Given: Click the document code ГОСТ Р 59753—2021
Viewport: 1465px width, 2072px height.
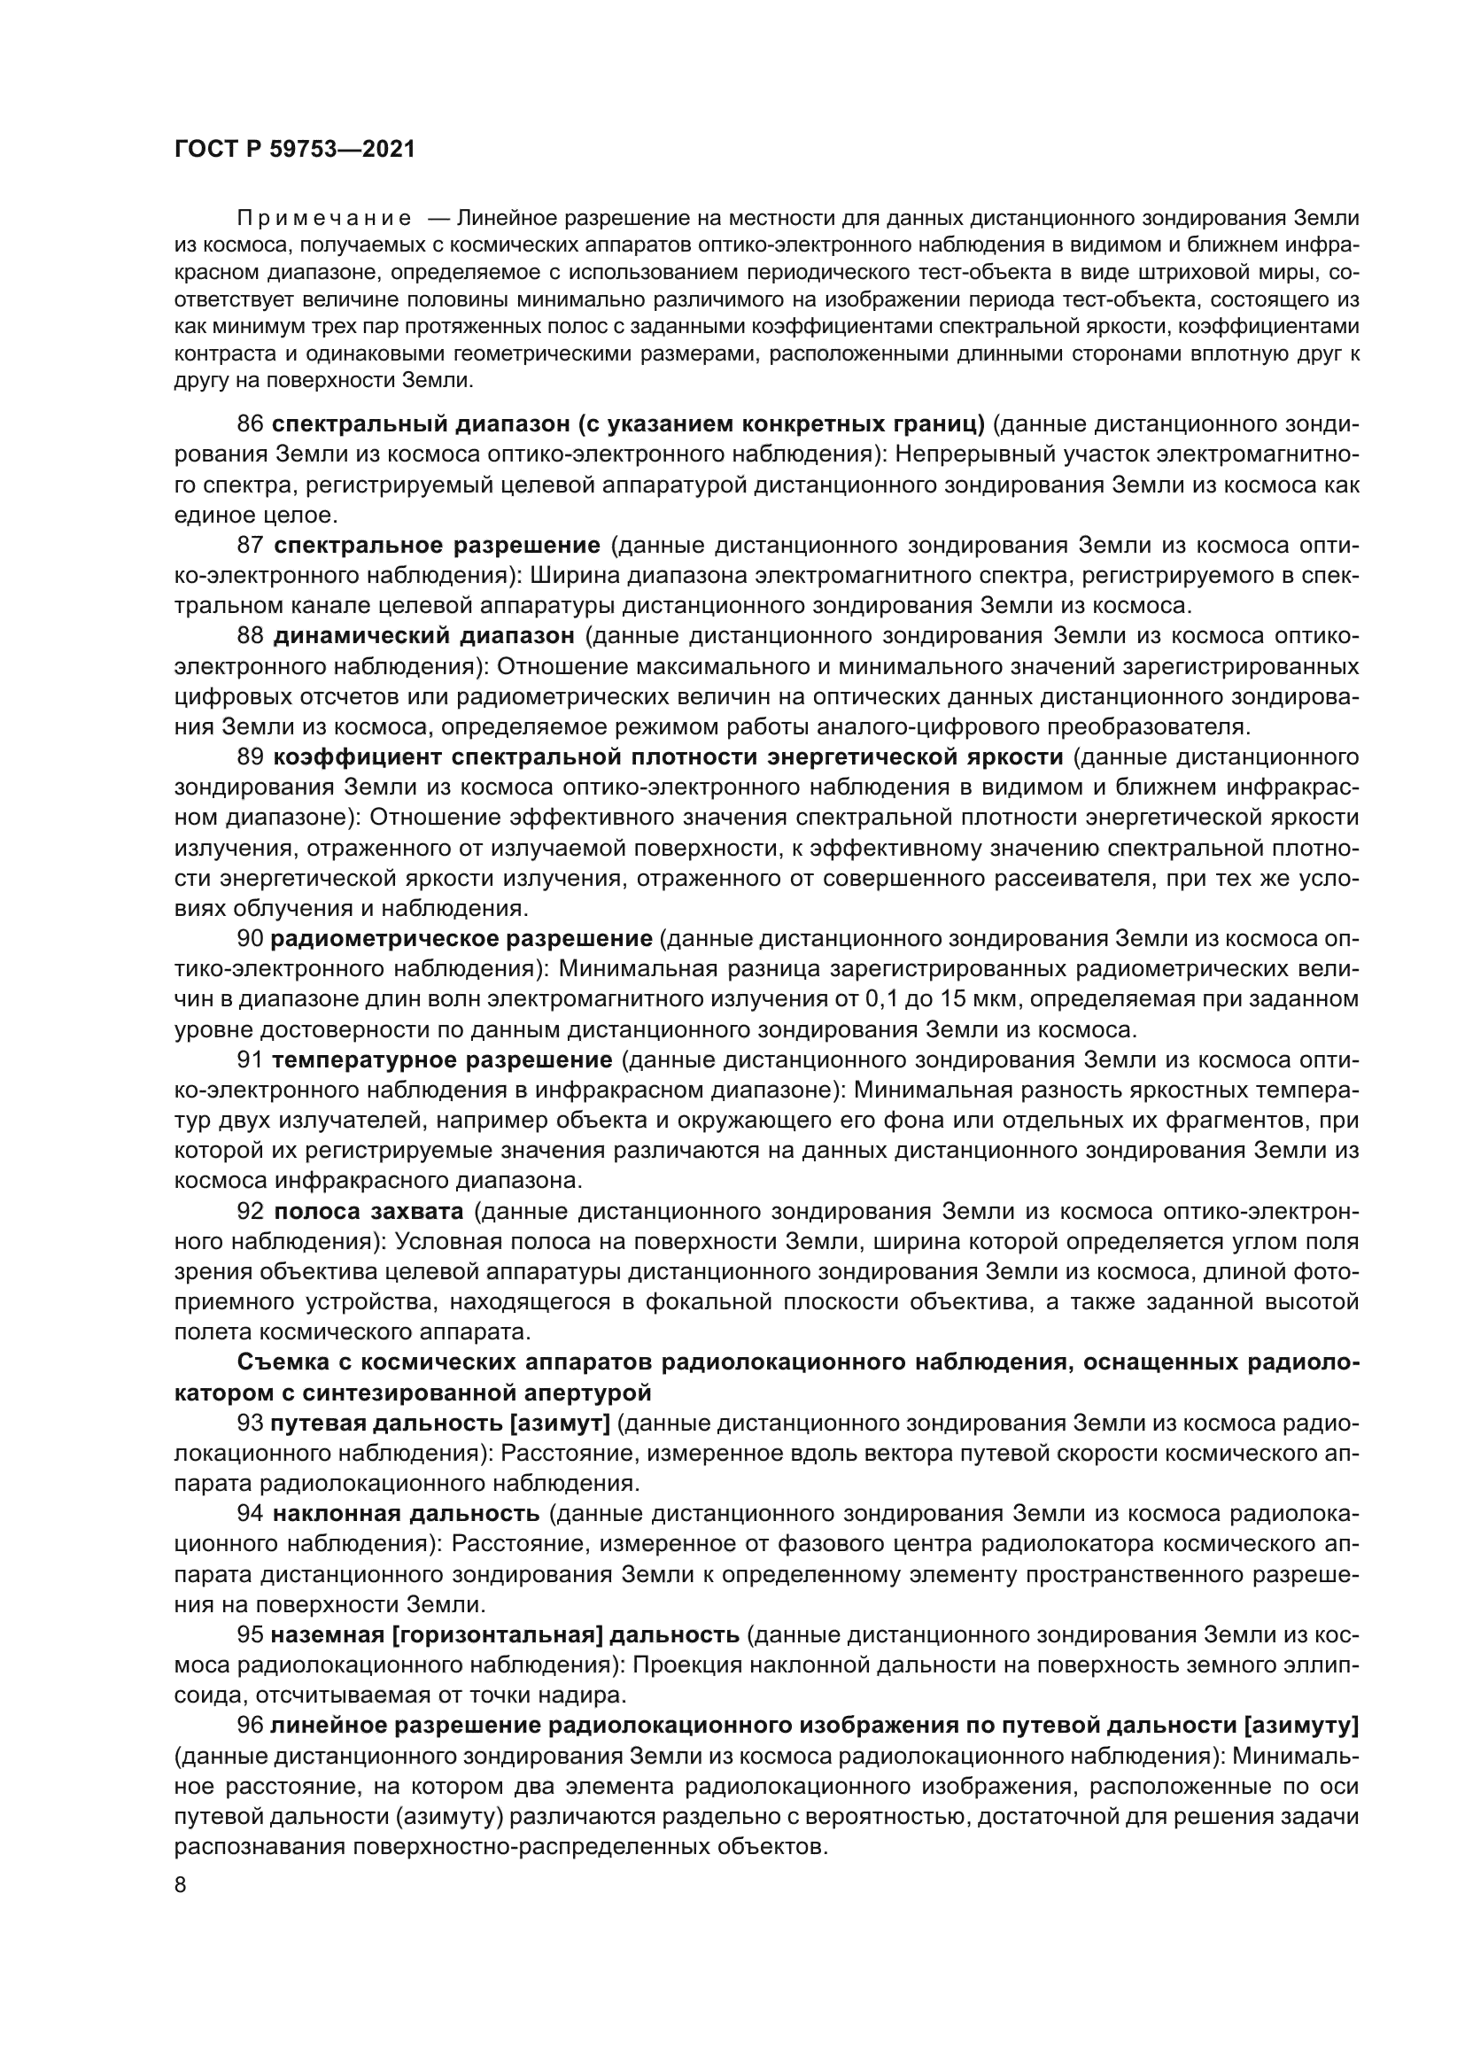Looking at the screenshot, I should [295, 150].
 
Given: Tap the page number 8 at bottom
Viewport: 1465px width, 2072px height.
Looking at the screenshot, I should [181, 1886].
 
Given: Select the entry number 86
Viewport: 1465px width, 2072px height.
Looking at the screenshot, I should [250, 423].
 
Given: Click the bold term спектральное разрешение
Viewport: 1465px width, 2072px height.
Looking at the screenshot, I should [437, 545].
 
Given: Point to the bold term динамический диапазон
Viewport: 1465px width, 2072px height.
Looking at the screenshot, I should [423, 636].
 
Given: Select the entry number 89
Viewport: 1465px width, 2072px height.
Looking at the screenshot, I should [250, 757].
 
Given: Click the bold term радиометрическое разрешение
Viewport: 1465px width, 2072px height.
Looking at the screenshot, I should [461, 938].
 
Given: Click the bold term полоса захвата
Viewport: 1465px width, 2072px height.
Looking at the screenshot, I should [368, 1211].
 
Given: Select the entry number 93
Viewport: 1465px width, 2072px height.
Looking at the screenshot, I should [250, 1424].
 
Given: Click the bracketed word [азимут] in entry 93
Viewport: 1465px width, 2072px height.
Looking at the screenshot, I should [560, 1424].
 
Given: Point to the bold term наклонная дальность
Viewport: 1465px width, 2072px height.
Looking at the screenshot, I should [406, 1513].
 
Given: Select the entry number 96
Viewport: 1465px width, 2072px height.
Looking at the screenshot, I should [250, 1726].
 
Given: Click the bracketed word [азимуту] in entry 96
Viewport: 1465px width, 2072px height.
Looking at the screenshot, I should [1300, 1726].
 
